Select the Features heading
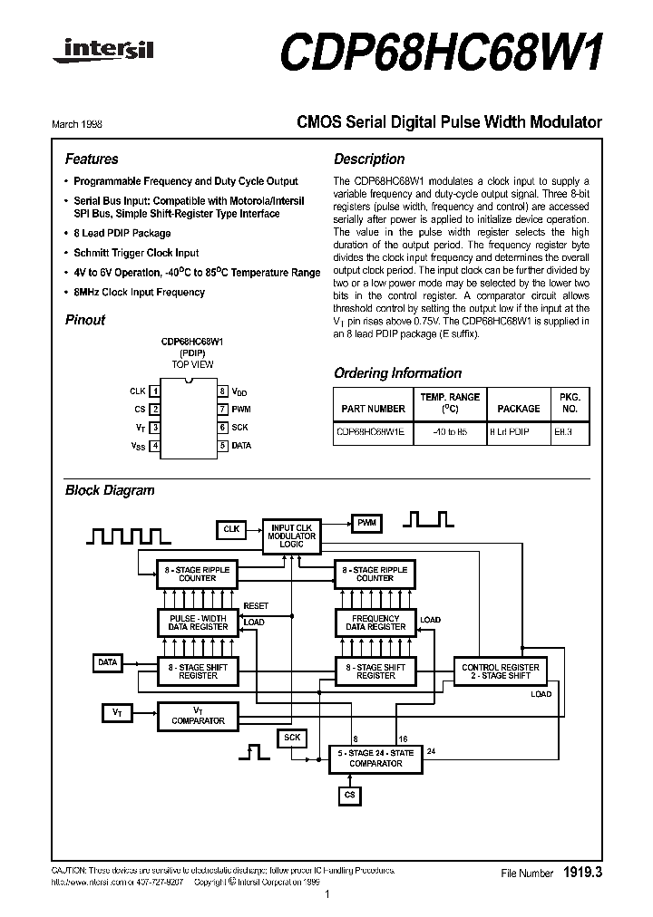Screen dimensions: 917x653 [92, 159]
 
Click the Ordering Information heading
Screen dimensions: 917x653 [397, 373]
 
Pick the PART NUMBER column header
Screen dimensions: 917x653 [372, 409]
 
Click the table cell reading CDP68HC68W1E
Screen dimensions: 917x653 [372, 433]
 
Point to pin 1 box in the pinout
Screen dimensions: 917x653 [156, 391]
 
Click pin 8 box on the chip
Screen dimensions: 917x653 [222, 391]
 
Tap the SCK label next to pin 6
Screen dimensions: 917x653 [240, 427]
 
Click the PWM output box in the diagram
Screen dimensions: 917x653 [366, 524]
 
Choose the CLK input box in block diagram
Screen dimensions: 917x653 [231, 527]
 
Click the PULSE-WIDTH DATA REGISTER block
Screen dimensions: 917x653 [198, 623]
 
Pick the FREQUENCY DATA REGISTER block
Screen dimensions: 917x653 [375, 623]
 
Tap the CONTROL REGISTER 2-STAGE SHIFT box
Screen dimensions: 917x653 [501, 671]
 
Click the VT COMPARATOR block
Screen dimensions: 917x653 [198, 715]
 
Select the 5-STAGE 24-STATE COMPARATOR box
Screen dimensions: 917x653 [375, 758]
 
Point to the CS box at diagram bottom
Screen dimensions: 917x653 [349, 796]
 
